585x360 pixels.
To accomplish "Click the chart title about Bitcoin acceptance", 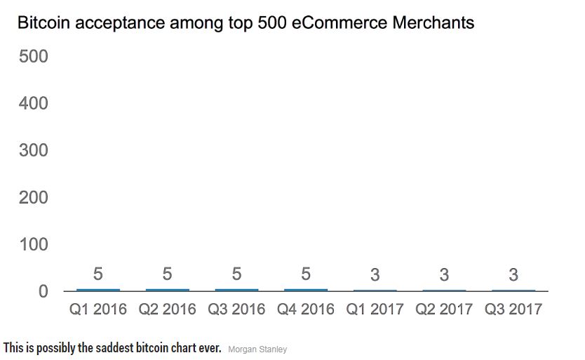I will pyautogui.click(x=246, y=23).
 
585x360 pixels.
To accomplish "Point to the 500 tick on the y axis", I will pyautogui.click(x=33, y=56).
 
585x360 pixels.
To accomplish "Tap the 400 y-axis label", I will pyautogui.click(x=33, y=103).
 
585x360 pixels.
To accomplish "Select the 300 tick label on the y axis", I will pyautogui.click(x=33, y=150).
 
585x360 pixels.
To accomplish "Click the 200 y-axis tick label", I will pyautogui.click(x=33, y=197).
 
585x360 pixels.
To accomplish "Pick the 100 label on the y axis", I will pyautogui.click(x=33, y=244).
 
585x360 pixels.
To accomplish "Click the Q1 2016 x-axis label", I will pyautogui.click(x=98, y=309).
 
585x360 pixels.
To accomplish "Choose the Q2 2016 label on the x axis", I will pyautogui.click(x=167, y=309).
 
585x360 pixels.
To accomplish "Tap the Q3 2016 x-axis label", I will pyautogui.click(x=236, y=309).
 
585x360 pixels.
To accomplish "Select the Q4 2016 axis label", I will pyautogui.click(x=306, y=309).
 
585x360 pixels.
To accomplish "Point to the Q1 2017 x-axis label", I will pyautogui.click(x=375, y=309).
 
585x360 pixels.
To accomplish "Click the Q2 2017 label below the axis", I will pyautogui.click(x=444, y=309).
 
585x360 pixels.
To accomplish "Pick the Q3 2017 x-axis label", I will pyautogui.click(x=513, y=309).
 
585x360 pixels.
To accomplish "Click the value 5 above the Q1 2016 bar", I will pyautogui.click(x=98, y=274).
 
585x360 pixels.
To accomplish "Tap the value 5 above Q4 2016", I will pyautogui.click(x=306, y=274).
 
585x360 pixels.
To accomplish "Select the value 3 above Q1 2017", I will pyautogui.click(x=375, y=275).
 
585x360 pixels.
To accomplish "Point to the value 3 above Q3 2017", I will pyautogui.click(x=513, y=275).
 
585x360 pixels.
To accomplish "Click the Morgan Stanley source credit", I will pyautogui.click(x=257, y=349).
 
